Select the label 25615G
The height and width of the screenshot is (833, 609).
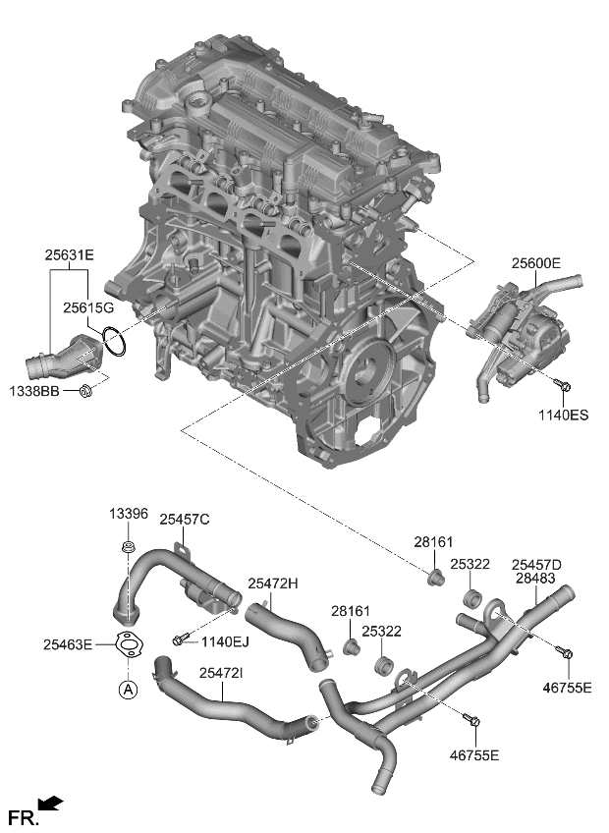[x=89, y=307]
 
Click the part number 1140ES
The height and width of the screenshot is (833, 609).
[x=564, y=416]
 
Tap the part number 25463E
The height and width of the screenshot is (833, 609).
[x=68, y=644]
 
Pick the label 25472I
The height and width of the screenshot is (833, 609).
[x=222, y=673]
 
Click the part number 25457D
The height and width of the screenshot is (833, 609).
[x=536, y=564]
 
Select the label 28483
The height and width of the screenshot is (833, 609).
[x=535, y=579]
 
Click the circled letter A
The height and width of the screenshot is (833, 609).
[x=128, y=690]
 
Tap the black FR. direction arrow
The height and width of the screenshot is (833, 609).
[x=51, y=805]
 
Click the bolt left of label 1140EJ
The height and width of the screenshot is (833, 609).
[x=178, y=640]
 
